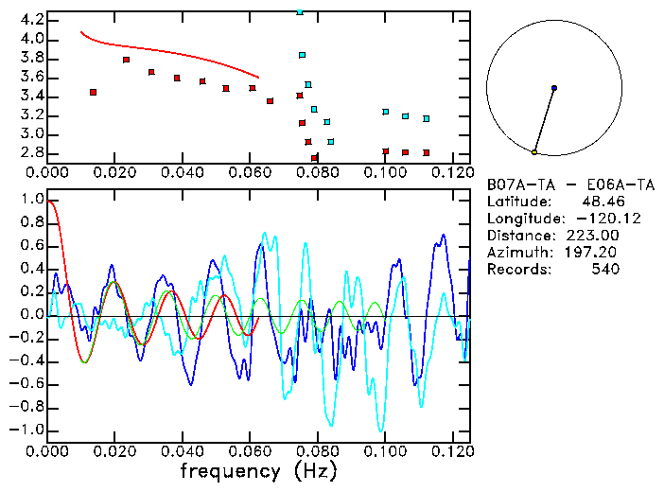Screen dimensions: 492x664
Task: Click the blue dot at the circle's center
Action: (x=553, y=88)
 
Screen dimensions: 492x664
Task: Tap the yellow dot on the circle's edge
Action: (x=534, y=152)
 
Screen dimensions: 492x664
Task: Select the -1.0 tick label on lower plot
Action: (x=27, y=430)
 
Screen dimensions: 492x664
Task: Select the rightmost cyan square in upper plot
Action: (x=427, y=118)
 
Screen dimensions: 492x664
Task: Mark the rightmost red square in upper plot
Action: (x=427, y=152)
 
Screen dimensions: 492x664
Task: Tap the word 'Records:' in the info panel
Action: (x=516, y=270)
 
